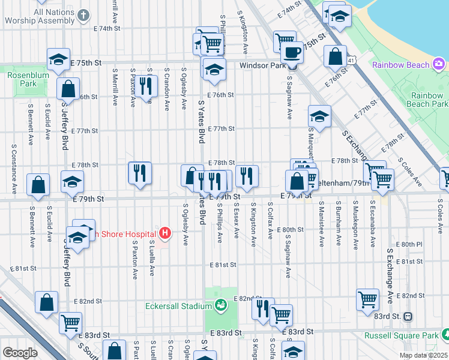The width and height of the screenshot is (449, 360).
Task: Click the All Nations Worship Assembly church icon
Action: (83, 14)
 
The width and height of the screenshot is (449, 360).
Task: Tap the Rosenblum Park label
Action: (22, 79)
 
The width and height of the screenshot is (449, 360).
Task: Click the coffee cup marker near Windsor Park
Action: (292, 52)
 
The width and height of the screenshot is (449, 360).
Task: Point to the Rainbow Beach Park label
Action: (428, 100)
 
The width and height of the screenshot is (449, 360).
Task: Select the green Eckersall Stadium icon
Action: (221, 305)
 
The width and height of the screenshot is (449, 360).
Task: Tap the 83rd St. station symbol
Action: (408, 316)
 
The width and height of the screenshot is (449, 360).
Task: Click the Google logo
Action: (20, 352)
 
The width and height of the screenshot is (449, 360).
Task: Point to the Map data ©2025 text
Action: (423, 355)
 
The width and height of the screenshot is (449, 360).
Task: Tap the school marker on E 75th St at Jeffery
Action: (58, 59)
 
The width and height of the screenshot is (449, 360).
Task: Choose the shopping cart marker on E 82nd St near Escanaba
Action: (367, 299)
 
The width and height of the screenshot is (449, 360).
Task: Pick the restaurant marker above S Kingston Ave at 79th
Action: (247, 175)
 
